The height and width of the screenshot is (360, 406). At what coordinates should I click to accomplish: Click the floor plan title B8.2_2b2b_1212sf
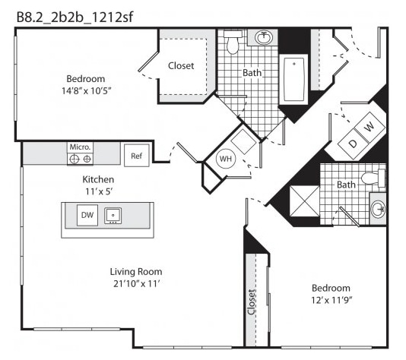point(75,17)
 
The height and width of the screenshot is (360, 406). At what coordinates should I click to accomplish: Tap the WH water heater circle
point(226,159)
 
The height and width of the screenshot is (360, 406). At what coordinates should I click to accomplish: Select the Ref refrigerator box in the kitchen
point(136,156)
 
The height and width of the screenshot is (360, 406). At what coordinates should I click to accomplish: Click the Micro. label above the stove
point(80,147)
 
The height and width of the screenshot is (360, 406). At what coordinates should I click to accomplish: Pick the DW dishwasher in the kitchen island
point(87,215)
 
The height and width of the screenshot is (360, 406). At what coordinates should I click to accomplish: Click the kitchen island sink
point(113,216)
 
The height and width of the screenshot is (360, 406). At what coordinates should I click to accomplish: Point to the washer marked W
point(370,127)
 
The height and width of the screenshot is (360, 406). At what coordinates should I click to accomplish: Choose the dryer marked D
point(353,144)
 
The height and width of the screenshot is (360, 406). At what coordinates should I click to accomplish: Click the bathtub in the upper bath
point(294,80)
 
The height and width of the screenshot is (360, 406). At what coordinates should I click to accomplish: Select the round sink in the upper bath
point(264,37)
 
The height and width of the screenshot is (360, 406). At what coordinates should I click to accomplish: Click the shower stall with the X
point(304,201)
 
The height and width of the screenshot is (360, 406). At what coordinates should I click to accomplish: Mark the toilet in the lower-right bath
point(373,178)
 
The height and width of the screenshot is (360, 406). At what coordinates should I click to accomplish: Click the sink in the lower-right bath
point(379,208)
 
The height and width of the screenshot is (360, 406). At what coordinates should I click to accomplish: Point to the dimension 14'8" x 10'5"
point(86,91)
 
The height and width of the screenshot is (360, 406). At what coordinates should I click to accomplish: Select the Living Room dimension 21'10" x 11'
point(136,284)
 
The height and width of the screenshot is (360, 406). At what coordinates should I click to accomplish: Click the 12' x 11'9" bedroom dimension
point(331,300)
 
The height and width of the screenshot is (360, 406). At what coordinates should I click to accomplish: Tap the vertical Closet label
point(251,302)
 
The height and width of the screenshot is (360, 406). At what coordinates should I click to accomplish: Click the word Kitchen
point(98,179)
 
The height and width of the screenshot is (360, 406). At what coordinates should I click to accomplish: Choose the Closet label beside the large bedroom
point(181,65)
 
